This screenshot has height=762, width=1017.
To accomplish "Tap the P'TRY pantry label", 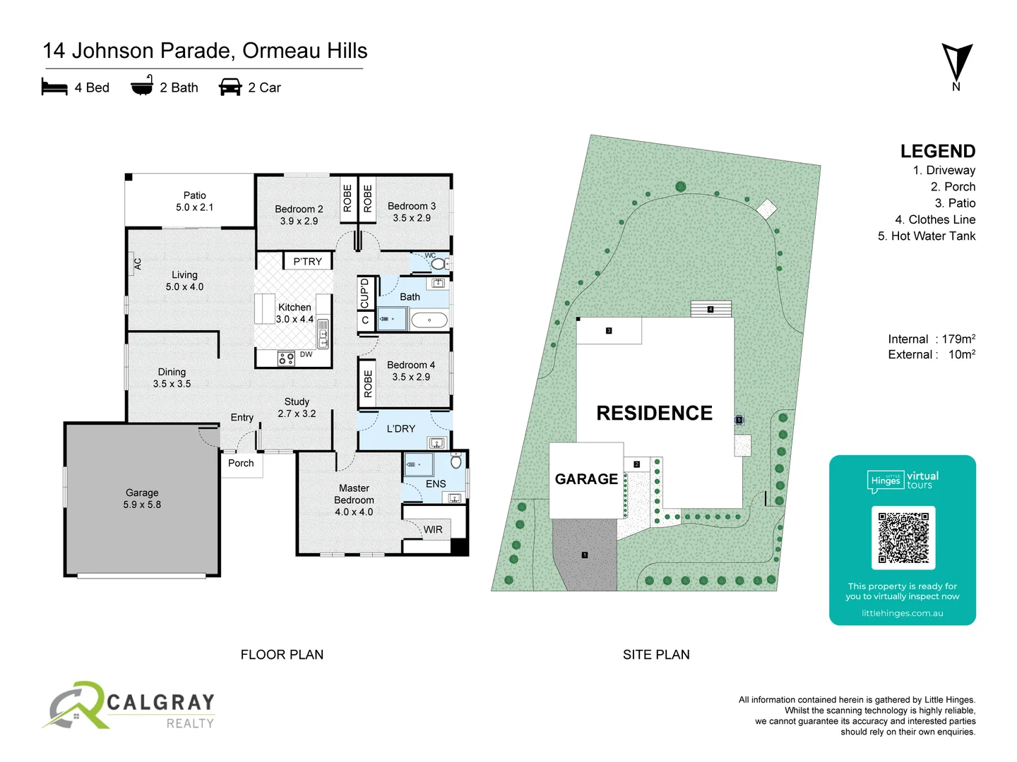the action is click(307, 262).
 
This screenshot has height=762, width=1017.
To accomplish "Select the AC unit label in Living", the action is click(138, 264).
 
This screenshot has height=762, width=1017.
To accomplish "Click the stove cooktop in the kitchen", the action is click(286, 358).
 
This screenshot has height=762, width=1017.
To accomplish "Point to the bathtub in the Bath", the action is click(429, 320).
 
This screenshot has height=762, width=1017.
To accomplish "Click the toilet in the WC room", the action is click(439, 264).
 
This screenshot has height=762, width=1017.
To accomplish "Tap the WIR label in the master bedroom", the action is click(433, 529).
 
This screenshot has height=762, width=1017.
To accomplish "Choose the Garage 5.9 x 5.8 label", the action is click(142, 499).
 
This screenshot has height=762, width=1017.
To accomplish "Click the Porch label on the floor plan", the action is click(241, 463).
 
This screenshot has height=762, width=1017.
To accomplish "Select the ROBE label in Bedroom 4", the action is click(368, 384).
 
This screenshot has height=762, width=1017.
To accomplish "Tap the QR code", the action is click(903, 538).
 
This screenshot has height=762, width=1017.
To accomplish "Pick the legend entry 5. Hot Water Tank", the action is click(926, 236).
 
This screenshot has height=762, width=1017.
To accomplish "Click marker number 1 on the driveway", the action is click(585, 555).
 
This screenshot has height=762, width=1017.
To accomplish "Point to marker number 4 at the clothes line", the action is click(710, 309).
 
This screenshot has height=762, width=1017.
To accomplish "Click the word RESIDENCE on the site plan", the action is click(654, 413).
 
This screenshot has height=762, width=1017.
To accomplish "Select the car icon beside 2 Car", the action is click(230, 87).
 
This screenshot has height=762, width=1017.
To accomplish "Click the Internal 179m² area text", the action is click(932, 339).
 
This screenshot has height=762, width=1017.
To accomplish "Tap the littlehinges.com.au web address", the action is click(903, 613).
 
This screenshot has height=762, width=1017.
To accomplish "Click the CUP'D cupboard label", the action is click(364, 293).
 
